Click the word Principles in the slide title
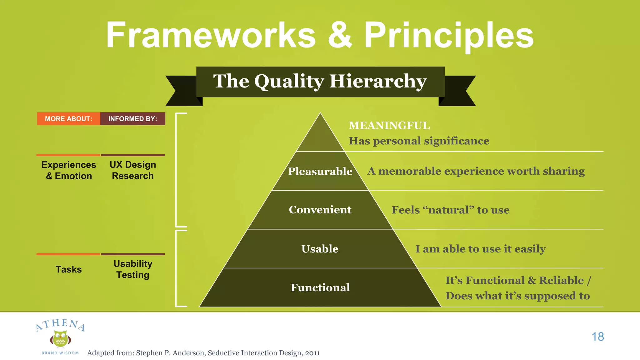[449, 36]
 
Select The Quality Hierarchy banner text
[320, 81]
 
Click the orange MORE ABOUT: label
[68, 119]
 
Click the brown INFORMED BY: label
[132, 119]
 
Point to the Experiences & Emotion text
[69, 170]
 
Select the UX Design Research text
[133, 170]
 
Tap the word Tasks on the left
[68, 269]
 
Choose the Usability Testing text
[133, 269]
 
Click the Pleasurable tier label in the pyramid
[320, 171]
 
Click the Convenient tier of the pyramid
[320, 210]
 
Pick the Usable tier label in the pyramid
[320, 249]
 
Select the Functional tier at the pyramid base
[320, 287]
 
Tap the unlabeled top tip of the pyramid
[320, 137]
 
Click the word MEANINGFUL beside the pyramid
[389, 126]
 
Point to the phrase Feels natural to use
[450, 210]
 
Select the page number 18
[597, 337]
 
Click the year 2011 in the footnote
[312, 353]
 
